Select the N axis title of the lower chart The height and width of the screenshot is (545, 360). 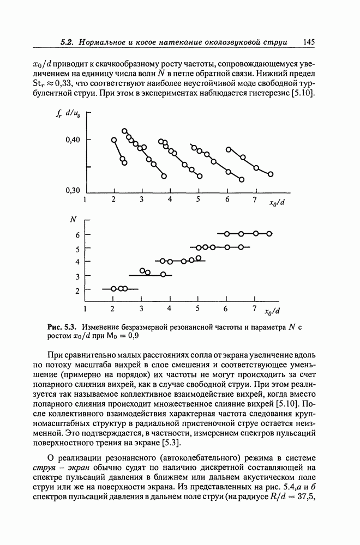[73, 220]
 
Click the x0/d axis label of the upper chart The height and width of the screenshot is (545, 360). [278, 204]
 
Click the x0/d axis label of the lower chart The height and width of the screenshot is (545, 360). [272, 312]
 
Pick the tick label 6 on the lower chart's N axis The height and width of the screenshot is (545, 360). [77, 235]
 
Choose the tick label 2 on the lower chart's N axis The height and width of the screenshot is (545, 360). [77, 290]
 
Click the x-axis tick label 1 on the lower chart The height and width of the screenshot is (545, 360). [85, 310]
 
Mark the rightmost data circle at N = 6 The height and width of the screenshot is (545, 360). [269, 234]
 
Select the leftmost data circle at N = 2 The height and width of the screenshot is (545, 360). [113, 288]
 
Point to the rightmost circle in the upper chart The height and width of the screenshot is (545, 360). [271, 174]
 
